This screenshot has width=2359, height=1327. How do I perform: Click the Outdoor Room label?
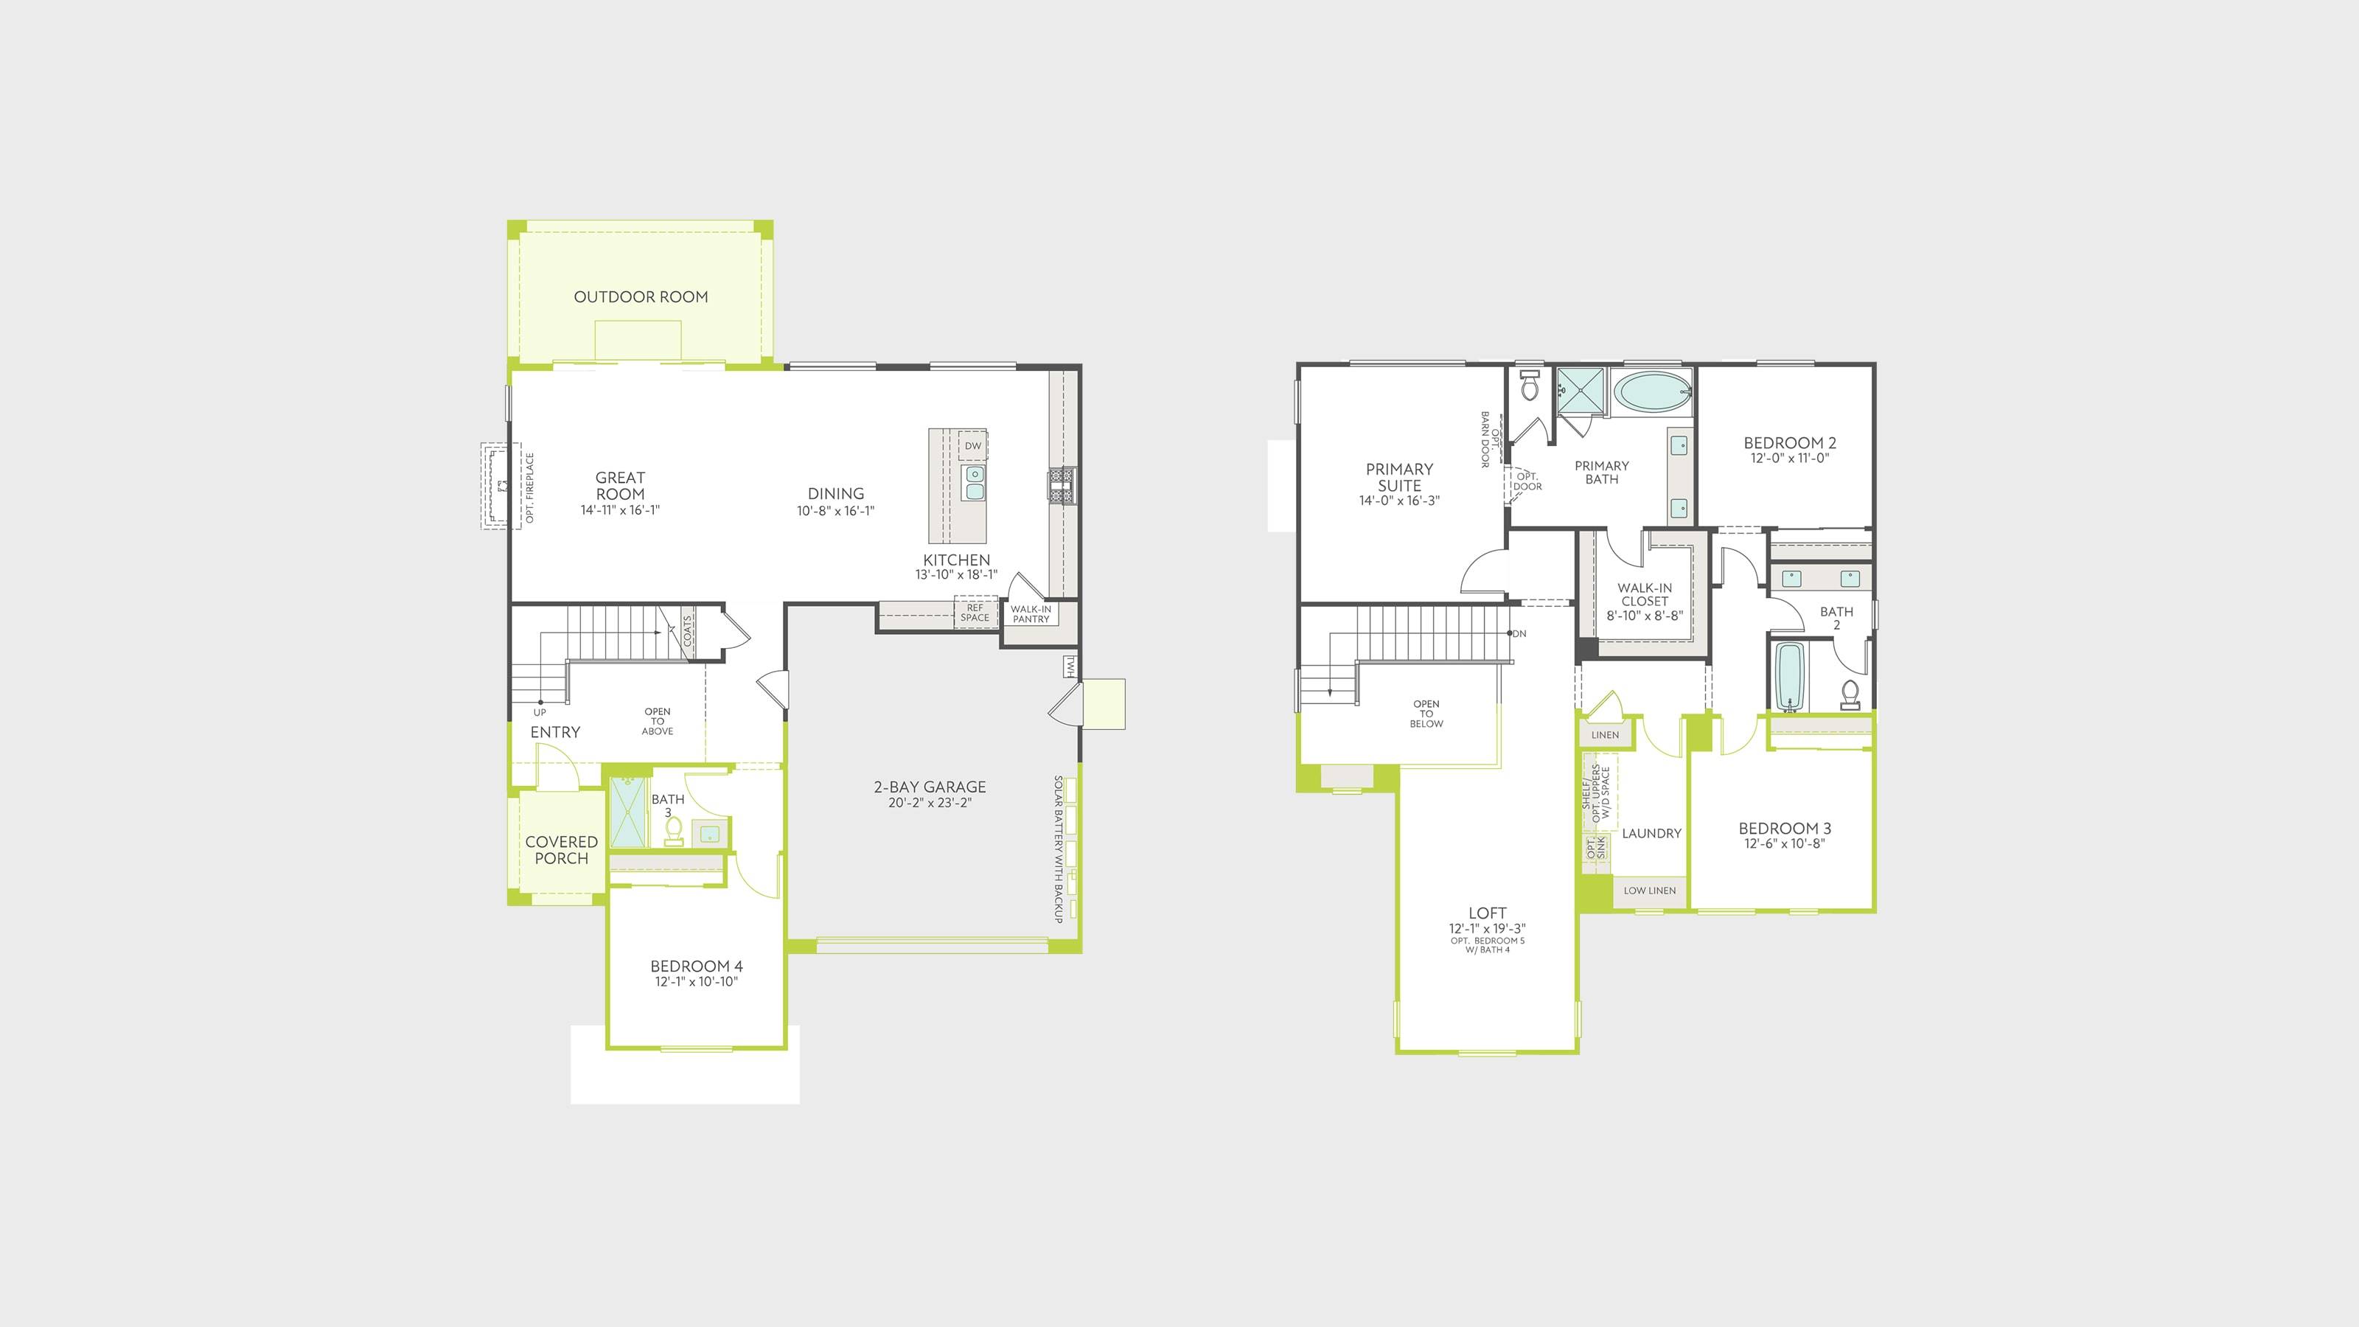point(641,296)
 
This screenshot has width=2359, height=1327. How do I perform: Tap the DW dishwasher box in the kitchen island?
point(972,446)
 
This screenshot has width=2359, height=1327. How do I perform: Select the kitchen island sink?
point(975,483)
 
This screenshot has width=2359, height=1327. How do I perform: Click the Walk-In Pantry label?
point(1031,613)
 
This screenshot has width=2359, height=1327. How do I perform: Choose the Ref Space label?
point(975,613)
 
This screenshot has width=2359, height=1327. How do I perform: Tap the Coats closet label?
point(688,631)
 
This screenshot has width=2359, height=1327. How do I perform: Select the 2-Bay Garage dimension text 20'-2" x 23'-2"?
point(930,803)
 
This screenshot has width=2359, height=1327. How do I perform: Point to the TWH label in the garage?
point(1070,666)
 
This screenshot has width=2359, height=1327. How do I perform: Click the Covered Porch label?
point(561,850)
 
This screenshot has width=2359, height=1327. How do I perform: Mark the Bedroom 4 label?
point(697,966)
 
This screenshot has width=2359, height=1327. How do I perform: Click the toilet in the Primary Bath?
point(1530,386)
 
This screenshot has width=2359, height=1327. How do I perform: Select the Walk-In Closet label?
point(1645,595)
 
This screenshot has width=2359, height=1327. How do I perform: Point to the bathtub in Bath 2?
point(1789,677)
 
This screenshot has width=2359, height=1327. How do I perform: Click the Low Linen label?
point(1651,890)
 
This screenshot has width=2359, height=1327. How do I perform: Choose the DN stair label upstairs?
point(1520,634)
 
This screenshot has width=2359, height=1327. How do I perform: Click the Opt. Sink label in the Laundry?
point(1595,848)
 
